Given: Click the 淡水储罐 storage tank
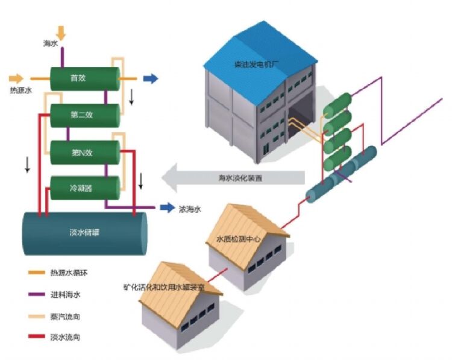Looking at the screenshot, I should (x=84, y=232).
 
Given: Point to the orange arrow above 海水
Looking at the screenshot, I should (x=61, y=32).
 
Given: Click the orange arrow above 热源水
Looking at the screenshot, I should (x=17, y=78).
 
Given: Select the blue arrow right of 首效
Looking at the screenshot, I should (x=150, y=78).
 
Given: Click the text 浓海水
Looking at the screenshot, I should (x=189, y=209).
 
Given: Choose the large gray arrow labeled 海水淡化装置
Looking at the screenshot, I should (x=235, y=177).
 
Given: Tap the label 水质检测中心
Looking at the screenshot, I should (x=240, y=239).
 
